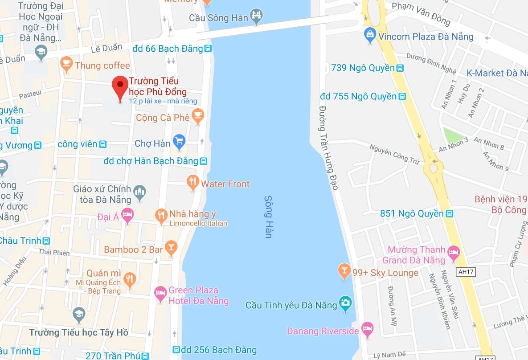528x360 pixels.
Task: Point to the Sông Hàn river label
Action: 268,217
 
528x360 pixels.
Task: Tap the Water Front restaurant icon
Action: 192,182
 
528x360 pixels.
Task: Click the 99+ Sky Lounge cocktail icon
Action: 344,271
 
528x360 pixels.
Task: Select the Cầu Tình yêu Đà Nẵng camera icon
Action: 345,304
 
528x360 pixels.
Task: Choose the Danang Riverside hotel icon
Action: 368,329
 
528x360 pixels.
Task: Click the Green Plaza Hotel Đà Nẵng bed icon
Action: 160,294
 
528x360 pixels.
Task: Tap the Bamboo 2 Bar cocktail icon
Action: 171,248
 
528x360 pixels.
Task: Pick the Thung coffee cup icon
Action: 66,64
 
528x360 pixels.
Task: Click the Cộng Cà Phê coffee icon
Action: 197,116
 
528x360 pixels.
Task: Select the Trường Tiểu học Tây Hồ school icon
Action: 79,314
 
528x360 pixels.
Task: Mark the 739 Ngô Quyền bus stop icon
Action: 400,68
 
